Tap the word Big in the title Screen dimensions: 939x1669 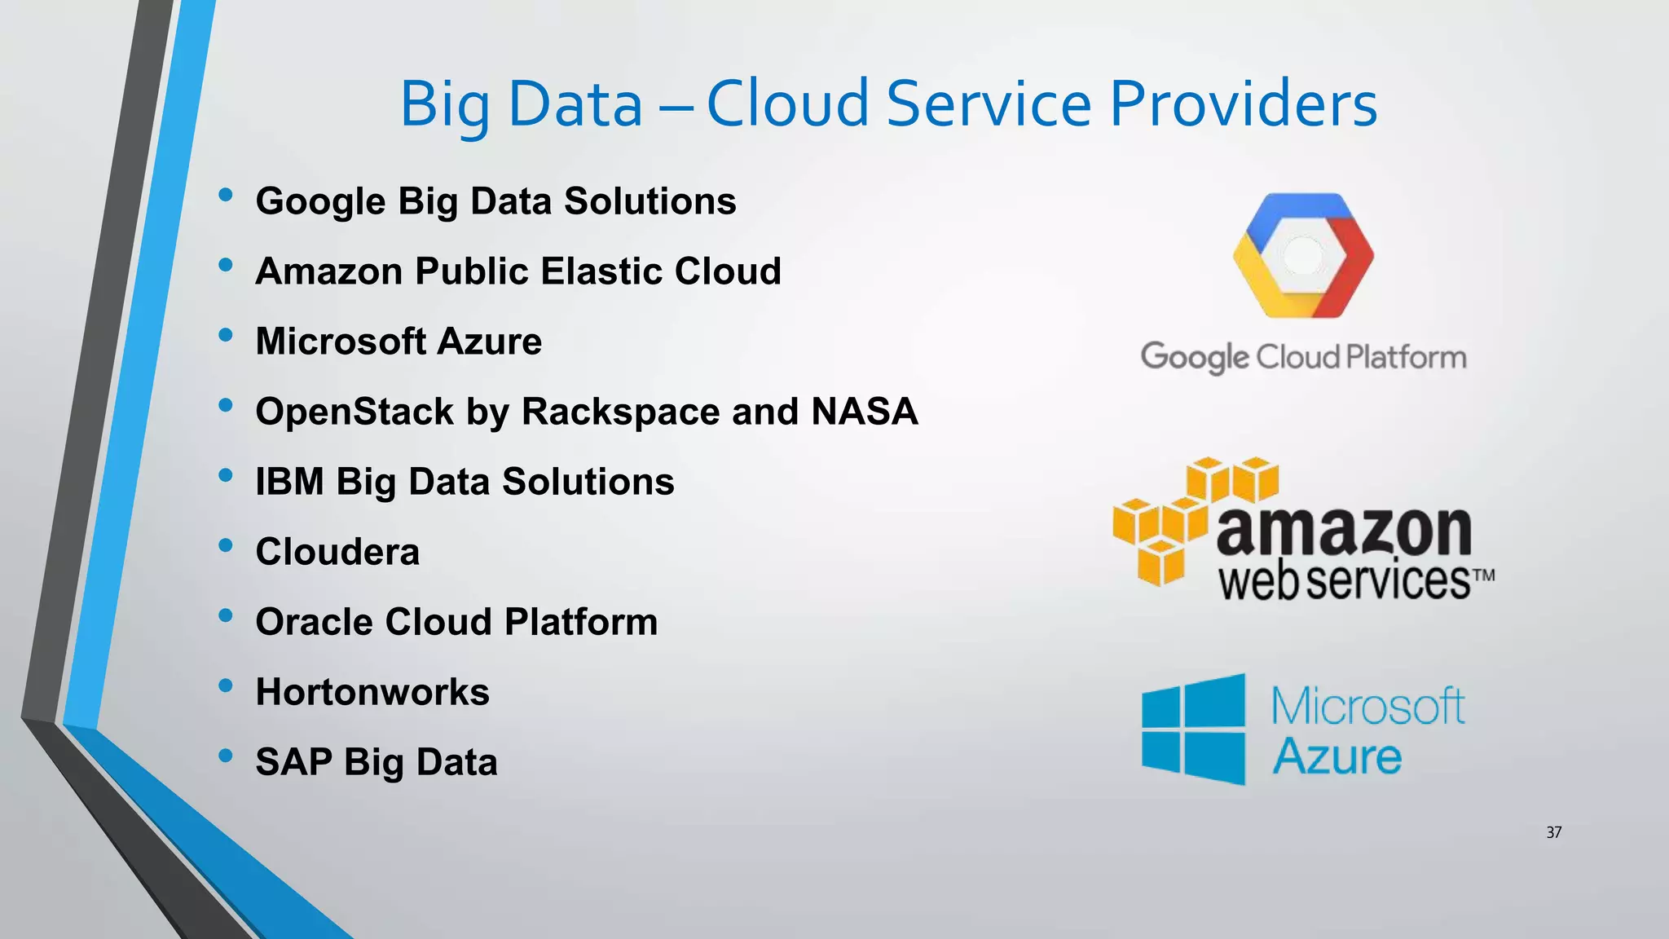(x=444, y=106)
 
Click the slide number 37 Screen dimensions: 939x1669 (x=1553, y=832)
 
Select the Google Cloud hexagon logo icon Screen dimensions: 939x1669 (x=1302, y=255)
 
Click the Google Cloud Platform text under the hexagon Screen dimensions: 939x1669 (x=1302, y=357)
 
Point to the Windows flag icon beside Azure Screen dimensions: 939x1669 (x=1193, y=729)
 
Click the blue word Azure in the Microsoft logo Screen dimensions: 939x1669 (x=1337, y=756)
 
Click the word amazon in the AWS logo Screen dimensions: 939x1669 (x=1343, y=531)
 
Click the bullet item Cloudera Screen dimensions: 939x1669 (x=337, y=552)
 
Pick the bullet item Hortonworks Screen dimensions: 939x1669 (x=372, y=692)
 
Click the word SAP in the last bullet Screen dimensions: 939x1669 (x=293, y=762)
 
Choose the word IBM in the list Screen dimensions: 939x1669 (x=289, y=482)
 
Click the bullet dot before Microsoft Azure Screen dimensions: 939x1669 (x=226, y=335)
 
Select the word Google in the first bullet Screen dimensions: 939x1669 (x=320, y=202)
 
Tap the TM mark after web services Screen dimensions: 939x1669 (x=1483, y=575)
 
